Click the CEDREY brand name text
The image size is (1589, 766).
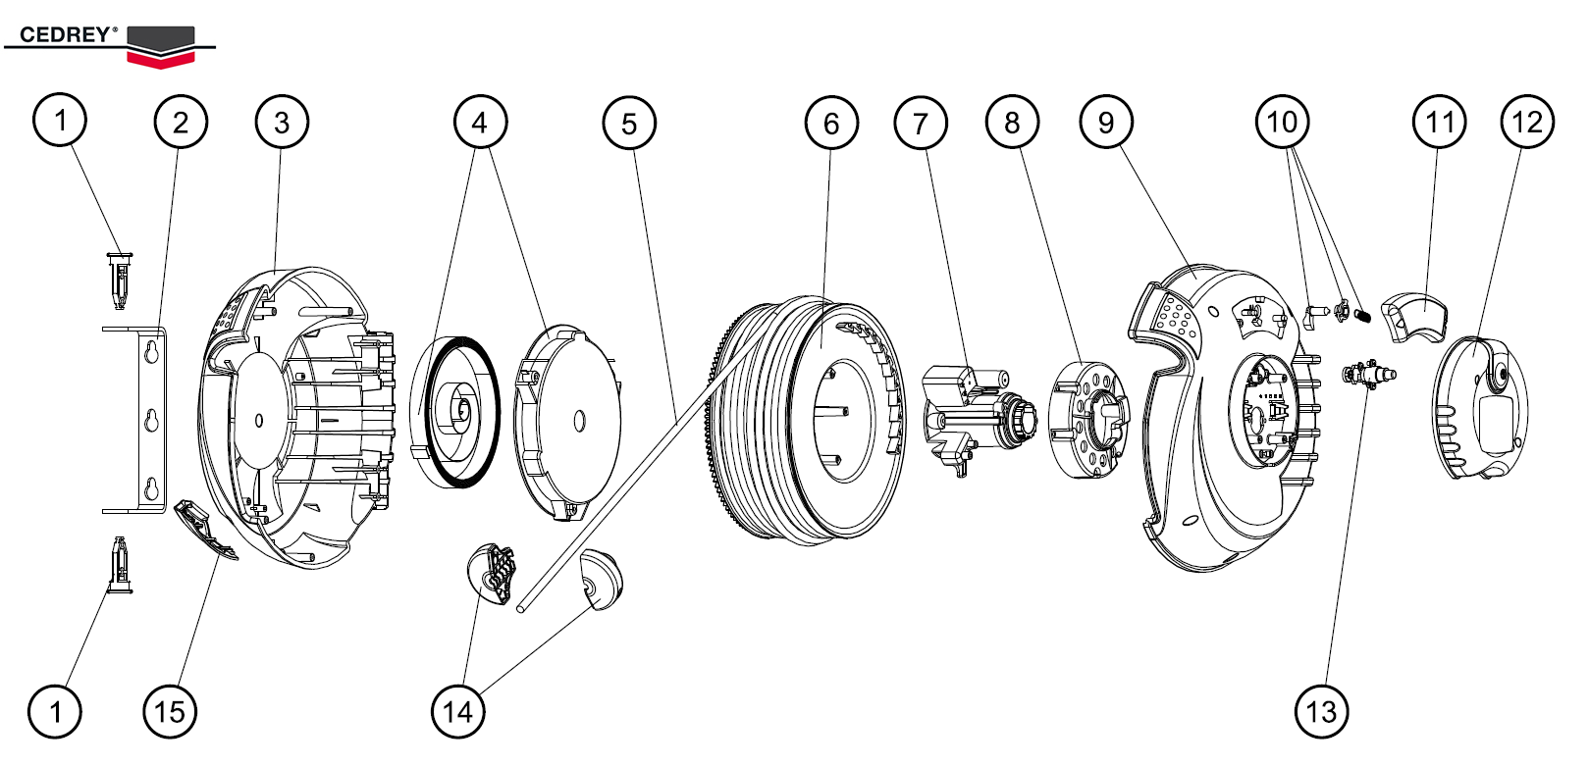(65, 34)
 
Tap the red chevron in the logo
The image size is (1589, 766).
(162, 59)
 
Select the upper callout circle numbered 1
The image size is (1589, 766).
(60, 121)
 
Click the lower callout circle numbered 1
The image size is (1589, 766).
(55, 711)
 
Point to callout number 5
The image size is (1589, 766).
(629, 124)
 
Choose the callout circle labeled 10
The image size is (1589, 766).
(1282, 122)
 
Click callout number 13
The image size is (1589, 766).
(1321, 711)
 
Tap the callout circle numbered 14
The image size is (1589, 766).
(458, 711)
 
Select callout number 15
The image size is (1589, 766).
(170, 711)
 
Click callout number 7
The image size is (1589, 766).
(921, 124)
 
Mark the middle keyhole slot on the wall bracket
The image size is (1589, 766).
(151, 420)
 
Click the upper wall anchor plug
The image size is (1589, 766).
(119, 278)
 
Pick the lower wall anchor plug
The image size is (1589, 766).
(119, 565)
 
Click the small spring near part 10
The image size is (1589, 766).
(1362, 315)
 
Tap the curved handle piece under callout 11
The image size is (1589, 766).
(1414, 316)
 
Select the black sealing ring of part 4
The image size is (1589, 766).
(491, 412)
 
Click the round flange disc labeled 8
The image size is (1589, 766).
(1087, 420)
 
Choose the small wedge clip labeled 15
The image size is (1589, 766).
(203, 530)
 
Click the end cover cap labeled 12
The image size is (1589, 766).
(1480, 407)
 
